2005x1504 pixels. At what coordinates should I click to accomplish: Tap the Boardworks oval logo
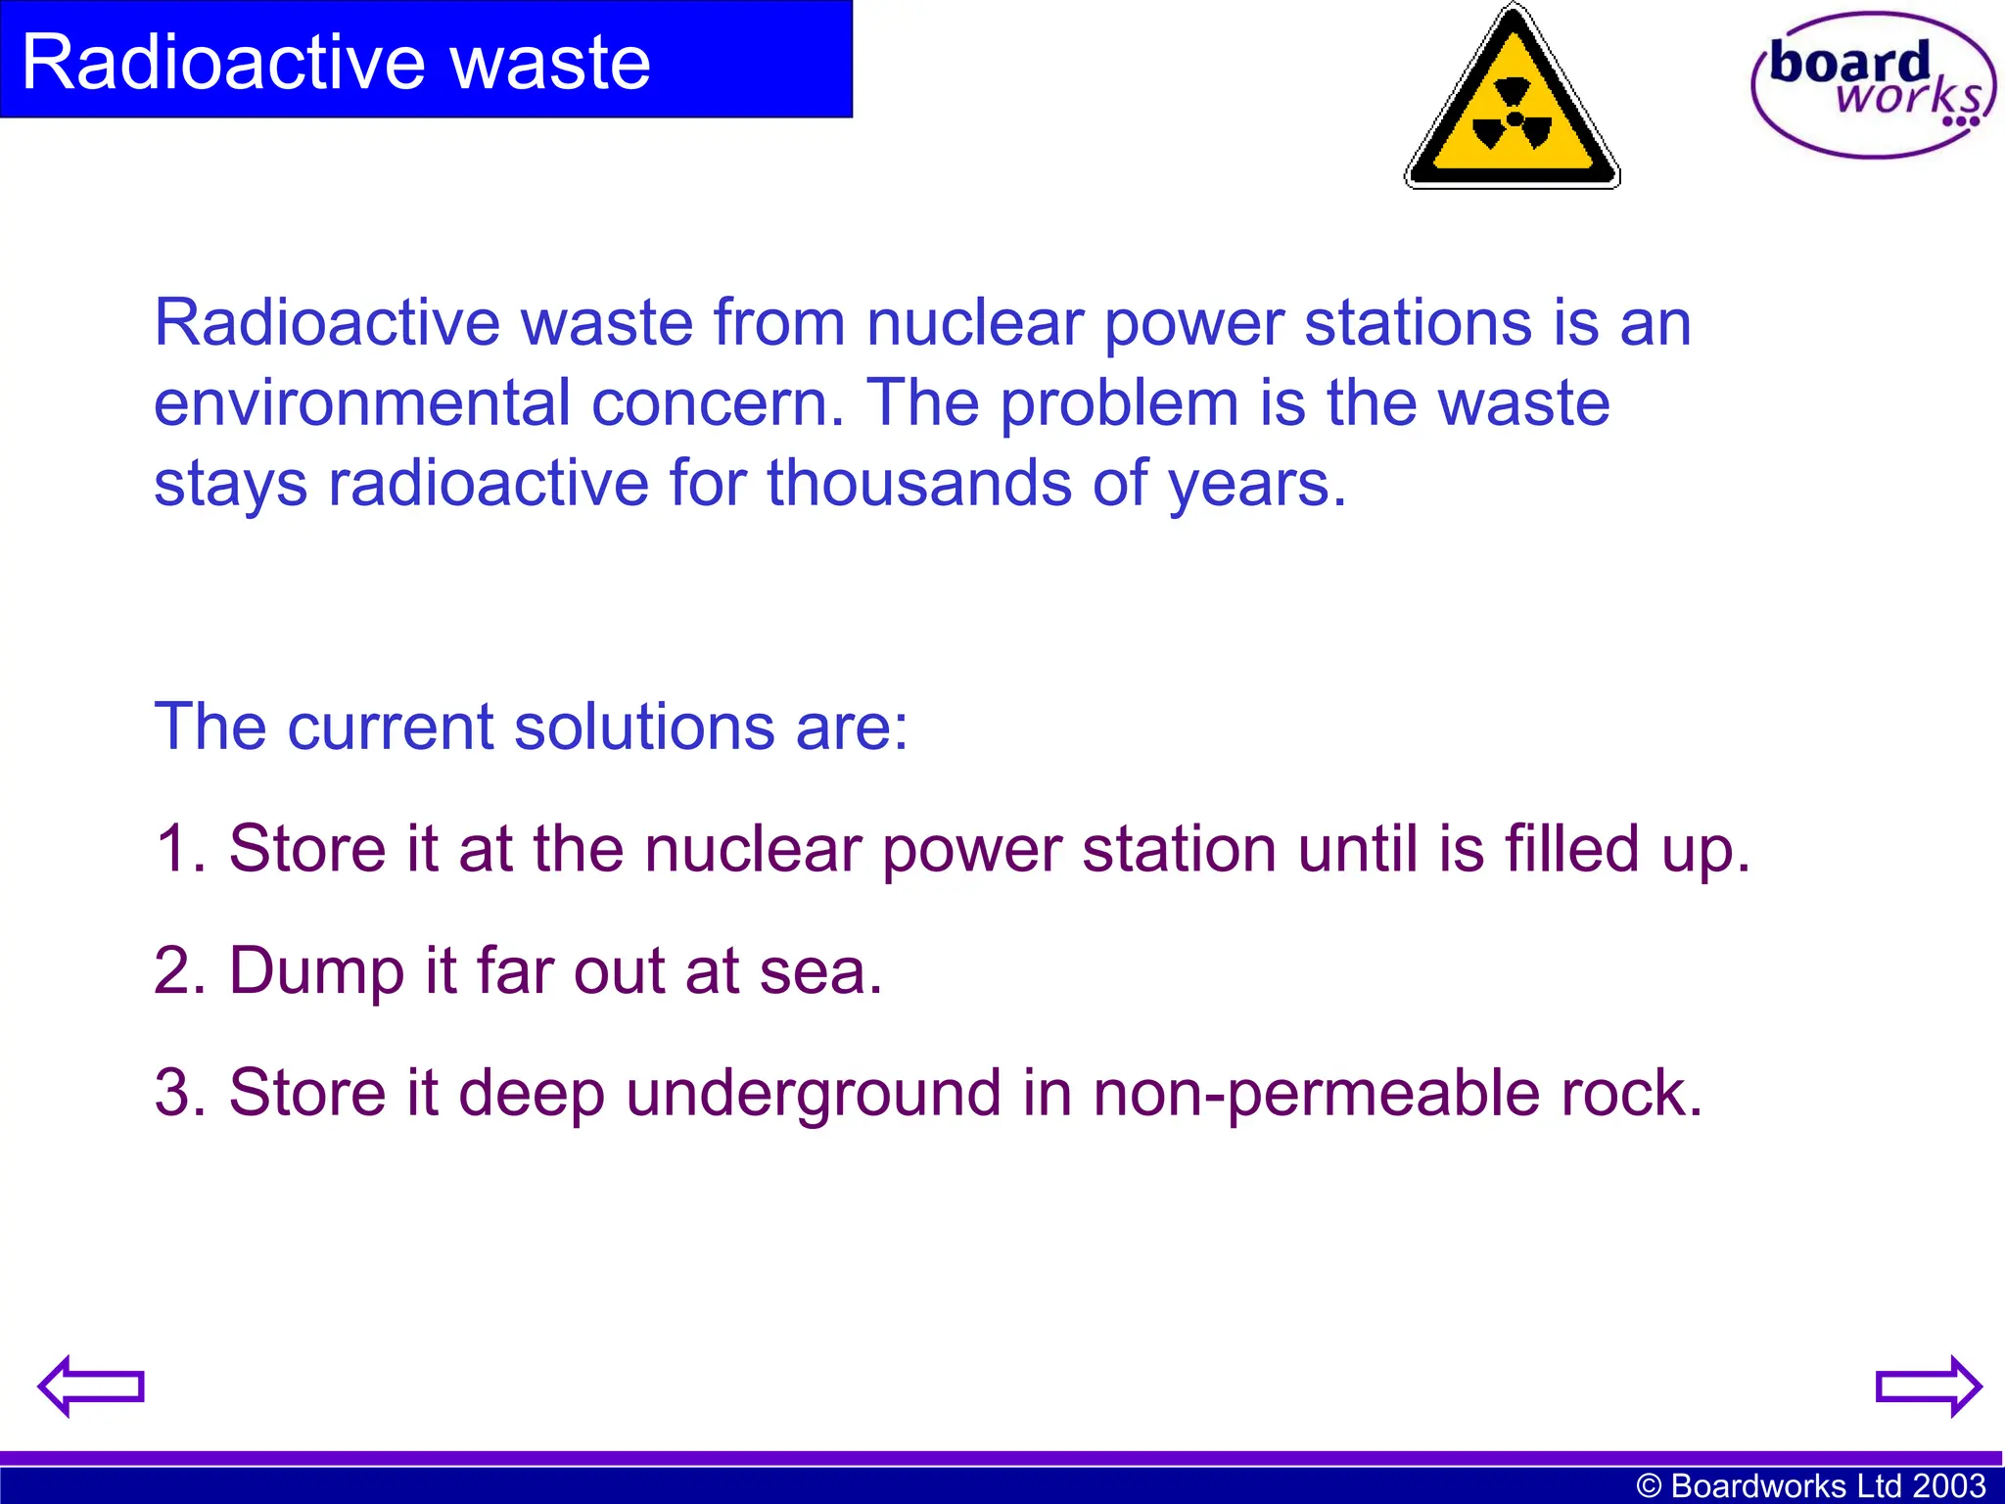tap(1872, 85)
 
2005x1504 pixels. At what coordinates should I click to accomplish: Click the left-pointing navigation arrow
tap(91, 1386)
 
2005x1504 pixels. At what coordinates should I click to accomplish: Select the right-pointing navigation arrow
tap(1928, 1386)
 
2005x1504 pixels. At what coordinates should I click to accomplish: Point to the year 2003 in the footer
tap(1949, 1485)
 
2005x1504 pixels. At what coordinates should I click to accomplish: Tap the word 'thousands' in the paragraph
tap(919, 484)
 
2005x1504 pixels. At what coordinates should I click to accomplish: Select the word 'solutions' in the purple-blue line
tap(645, 728)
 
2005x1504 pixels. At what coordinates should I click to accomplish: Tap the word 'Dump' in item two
tap(315, 971)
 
